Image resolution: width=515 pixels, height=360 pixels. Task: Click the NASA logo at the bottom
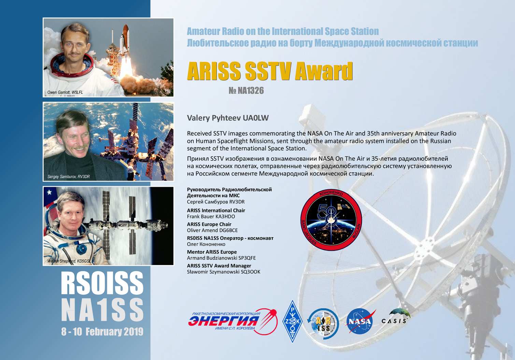pos(360,321)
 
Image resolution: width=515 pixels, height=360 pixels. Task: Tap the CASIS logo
pos(396,317)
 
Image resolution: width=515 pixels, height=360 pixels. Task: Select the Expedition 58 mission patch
pos(331,220)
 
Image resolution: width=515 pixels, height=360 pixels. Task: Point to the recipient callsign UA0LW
pos(256,118)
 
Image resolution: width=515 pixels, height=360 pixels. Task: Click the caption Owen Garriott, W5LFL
pos(65,93)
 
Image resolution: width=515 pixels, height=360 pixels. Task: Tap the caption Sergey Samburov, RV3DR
pos(69,177)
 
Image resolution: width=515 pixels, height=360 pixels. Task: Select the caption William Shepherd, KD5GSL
pos(69,261)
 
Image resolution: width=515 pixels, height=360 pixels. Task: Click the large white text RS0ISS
pos(102,283)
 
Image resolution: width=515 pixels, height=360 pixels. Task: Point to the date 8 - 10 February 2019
pos(102,332)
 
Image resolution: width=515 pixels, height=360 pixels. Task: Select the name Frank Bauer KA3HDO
pos(211,217)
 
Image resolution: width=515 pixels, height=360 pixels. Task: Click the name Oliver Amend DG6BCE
pos(212,231)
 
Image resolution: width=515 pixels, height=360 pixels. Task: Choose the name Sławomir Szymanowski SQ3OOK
pos(224,272)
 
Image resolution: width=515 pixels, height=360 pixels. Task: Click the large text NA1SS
pos(102,310)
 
